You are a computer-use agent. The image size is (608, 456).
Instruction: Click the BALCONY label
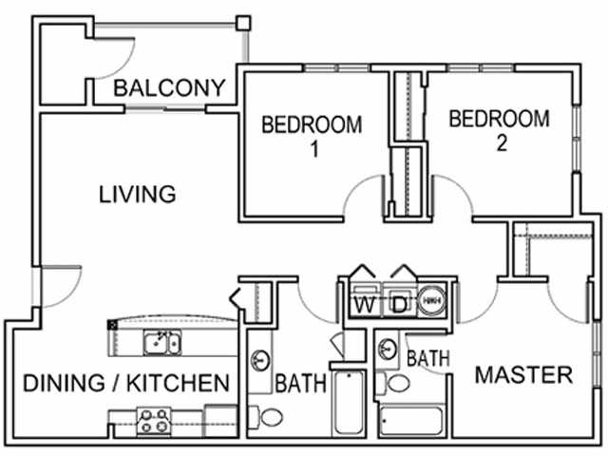pos(170,88)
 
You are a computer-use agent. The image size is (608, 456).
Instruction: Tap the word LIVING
pos(138,195)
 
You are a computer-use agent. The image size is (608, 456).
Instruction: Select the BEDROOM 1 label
pos(312,134)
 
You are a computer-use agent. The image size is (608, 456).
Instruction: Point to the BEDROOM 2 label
pos(499,130)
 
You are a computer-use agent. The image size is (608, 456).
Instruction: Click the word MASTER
pos(524,374)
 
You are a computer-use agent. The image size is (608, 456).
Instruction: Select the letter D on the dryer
pos(400,305)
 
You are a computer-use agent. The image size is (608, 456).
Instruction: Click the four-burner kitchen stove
pos(152,419)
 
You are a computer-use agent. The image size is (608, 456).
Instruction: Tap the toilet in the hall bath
pos(270,416)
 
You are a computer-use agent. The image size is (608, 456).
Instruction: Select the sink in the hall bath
pos(259,360)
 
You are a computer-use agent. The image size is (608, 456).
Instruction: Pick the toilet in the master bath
pos(399,383)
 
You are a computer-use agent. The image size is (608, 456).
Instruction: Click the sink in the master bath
pos(386,348)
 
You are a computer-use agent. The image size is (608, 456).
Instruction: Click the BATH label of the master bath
pos(427,359)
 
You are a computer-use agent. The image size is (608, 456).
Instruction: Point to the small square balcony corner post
pos(244,21)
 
